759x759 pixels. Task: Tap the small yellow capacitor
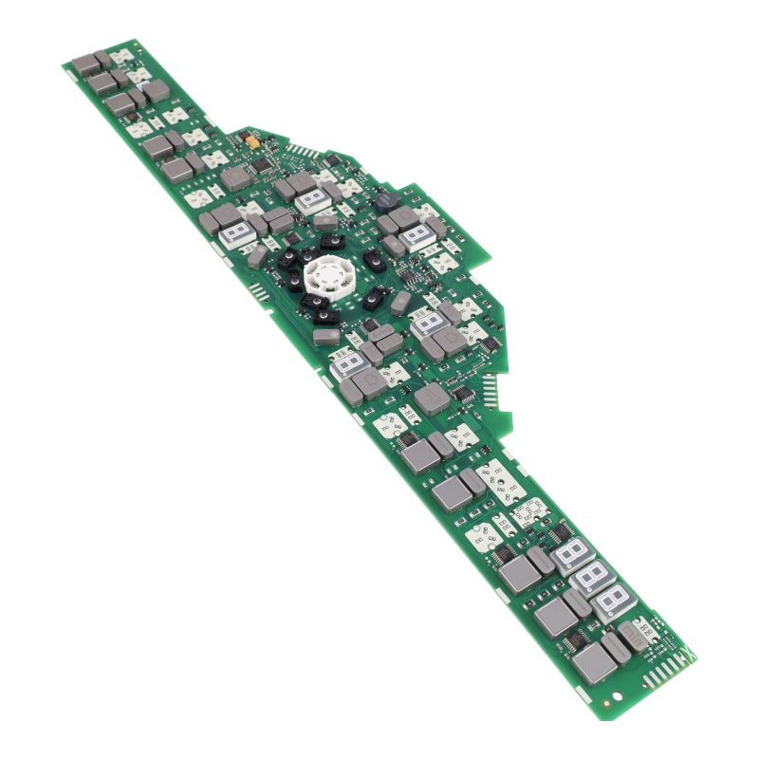[252, 140]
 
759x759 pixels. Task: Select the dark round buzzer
[387, 202]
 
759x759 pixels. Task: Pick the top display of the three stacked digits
[572, 553]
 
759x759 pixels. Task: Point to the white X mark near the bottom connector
[681, 656]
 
